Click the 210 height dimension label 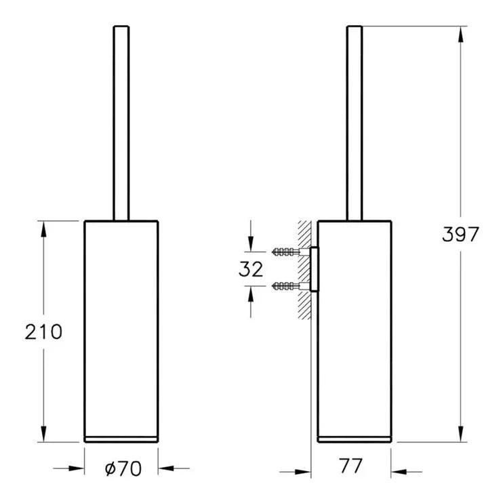[x=43, y=331]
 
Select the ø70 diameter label [x=123, y=468]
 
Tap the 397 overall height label [x=460, y=234]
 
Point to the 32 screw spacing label [x=251, y=269]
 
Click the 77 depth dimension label [x=350, y=466]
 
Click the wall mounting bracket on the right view [x=314, y=269]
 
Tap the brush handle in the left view [x=121, y=123]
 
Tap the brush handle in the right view [x=355, y=123]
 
